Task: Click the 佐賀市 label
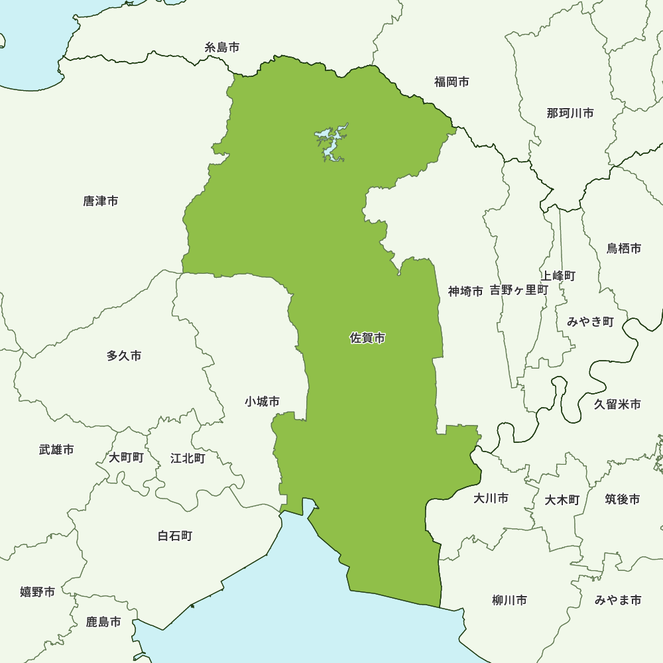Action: pos(367,338)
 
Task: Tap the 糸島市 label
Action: pos(222,47)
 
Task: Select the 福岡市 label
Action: pos(452,82)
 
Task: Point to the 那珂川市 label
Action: pos(570,113)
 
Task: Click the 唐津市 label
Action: pos(101,200)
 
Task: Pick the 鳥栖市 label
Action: pos(624,249)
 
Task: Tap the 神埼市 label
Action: pos(465,290)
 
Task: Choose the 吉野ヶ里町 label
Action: pos(519,290)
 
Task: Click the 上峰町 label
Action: pos(558,275)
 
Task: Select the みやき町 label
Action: pos(590,322)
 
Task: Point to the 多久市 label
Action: pos(124,356)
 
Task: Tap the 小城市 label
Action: pos(262,401)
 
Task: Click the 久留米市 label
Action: pos(617,404)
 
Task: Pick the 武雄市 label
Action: pos(56,450)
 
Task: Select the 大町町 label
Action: pos(126,457)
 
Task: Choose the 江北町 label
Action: pos(188,457)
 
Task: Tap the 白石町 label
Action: pos(175,535)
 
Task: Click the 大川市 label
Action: pos(491,498)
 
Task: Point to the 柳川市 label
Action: pos(509,601)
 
